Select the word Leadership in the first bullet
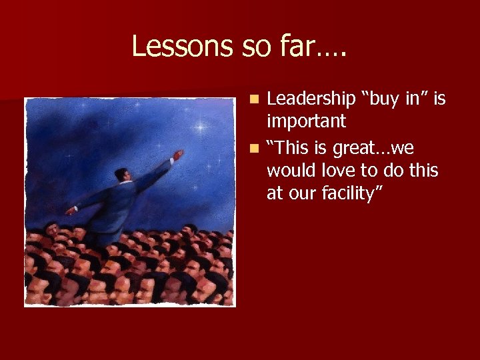coord(311,99)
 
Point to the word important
coord(306,121)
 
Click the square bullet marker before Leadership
coord(255,99)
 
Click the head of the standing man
coord(121,175)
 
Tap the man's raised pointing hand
coord(177,155)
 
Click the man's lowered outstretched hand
coord(71,211)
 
